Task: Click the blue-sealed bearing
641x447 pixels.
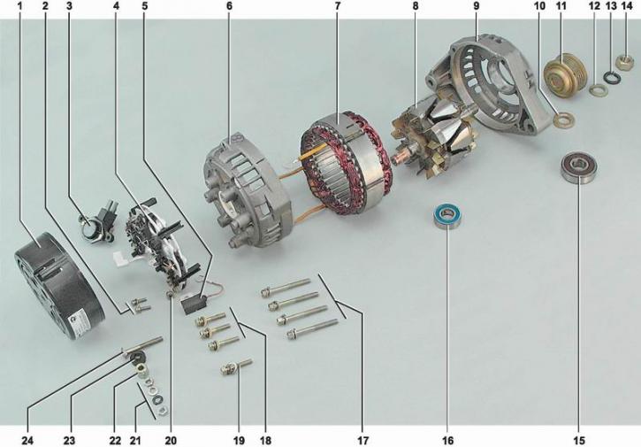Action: [x=447, y=215]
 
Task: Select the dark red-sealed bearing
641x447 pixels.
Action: [x=577, y=167]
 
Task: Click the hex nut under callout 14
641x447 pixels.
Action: [x=624, y=63]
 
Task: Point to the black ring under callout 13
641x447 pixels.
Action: [x=613, y=78]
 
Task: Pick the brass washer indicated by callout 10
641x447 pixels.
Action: [x=563, y=119]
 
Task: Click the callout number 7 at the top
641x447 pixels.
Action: [x=337, y=6]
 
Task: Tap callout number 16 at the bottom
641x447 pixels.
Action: [x=447, y=441]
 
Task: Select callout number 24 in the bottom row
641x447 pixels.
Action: [x=27, y=441]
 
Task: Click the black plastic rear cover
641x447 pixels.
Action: [x=59, y=286]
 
